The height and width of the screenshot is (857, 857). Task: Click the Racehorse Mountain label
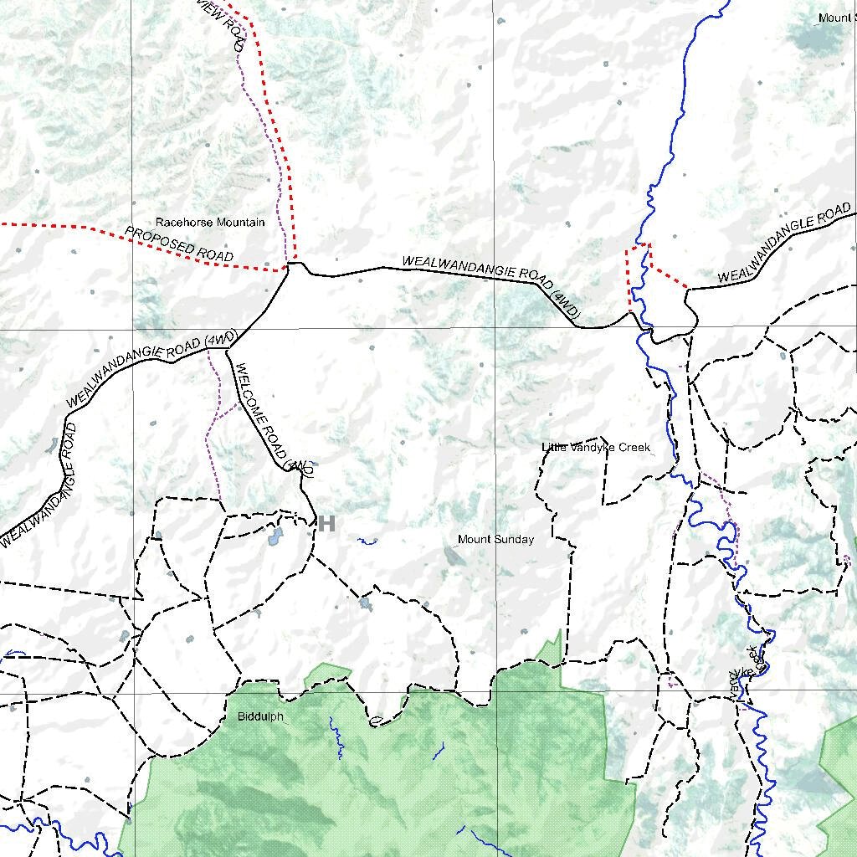click(x=210, y=223)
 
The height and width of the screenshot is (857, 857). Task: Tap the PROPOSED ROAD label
click(x=179, y=244)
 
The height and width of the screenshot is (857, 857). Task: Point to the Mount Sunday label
click(x=495, y=540)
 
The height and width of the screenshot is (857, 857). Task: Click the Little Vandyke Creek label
click(x=596, y=448)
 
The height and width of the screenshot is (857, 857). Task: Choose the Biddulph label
click(x=260, y=717)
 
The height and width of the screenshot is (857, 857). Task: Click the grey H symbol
click(x=326, y=524)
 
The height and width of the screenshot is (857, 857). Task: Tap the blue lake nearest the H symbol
click(x=275, y=535)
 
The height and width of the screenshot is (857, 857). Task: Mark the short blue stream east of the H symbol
click(x=367, y=541)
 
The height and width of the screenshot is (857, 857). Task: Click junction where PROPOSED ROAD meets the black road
click(x=289, y=267)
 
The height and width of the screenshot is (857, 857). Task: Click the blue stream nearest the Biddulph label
click(x=336, y=736)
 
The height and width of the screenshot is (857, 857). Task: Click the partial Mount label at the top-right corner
click(x=836, y=18)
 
